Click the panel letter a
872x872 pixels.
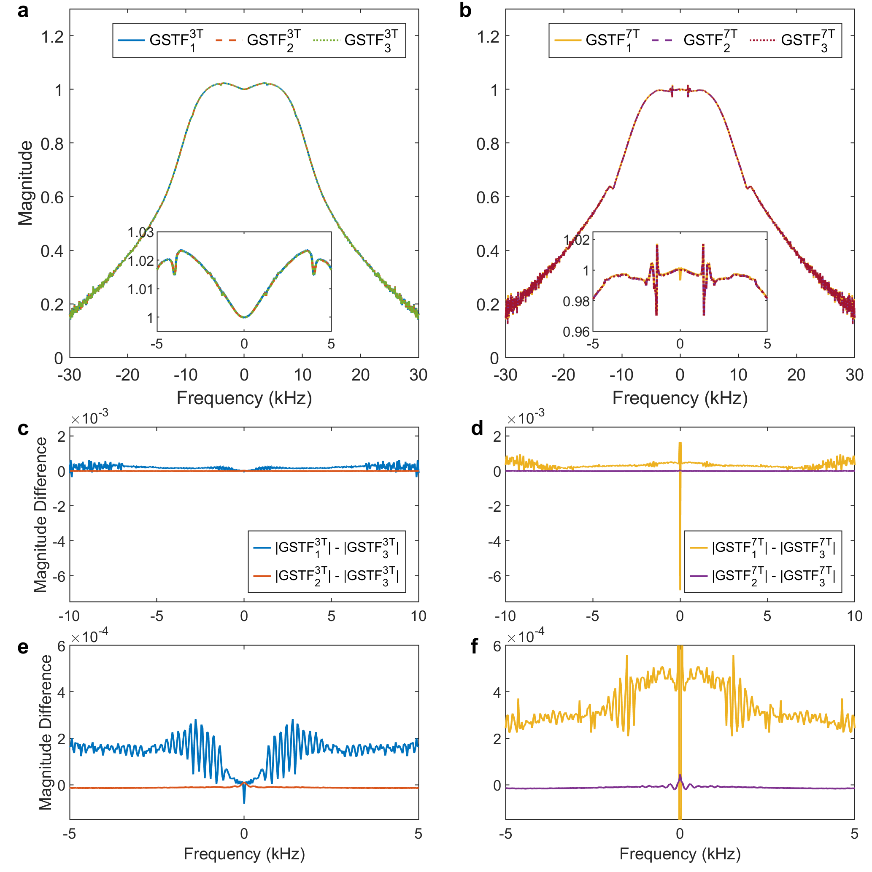pyautogui.click(x=22, y=11)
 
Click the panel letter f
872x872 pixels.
pyautogui.click(x=474, y=647)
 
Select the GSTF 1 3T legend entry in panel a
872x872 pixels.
pyautogui.click(x=161, y=40)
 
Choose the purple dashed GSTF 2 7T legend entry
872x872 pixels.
pyautogui.click(x=695, y=40)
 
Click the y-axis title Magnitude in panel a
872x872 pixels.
pyautogui.click(x=25, y=183)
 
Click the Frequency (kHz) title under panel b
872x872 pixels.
pyautogui.click(x=680, y=398)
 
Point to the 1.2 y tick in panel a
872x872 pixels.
pyautogui.click(x=52, y=37)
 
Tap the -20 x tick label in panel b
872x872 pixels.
pyautogui.click(x=563, y=375)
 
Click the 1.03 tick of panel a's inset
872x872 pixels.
pyautogui.click(x=140, y=232)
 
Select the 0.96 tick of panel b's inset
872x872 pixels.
pyautogui.click(x=576, y=332)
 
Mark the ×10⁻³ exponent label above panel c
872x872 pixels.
pyautogui.click(x=89, y=418)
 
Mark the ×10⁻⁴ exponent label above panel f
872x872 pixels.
pyautogui.click(x=525, y=637)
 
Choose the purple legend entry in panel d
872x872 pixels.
pyautogui.click(x=762, y=576)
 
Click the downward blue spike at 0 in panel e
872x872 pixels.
pyautogui.click(x=244, y=802)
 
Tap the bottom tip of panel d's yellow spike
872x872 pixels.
pyautogui.click(x=680, y=589)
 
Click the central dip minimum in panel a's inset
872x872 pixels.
pyautogui.click(x=244, y=317)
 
